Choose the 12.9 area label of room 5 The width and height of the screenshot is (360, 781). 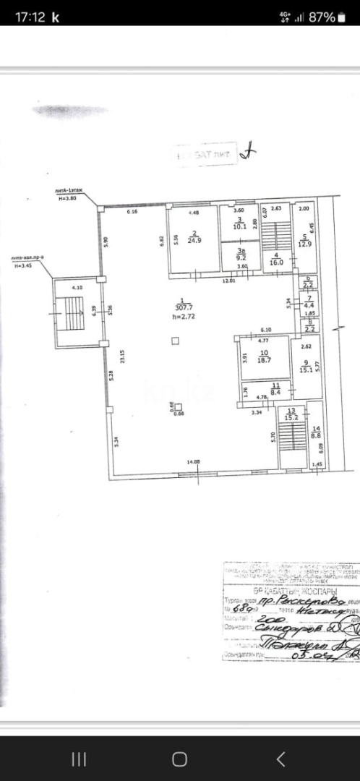pos(305,244)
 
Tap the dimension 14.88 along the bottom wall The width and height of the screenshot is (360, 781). pos(194,462)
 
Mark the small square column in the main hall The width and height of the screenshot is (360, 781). pos(176,341)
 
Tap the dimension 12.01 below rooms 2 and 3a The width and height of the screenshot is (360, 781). pos(228,280)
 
